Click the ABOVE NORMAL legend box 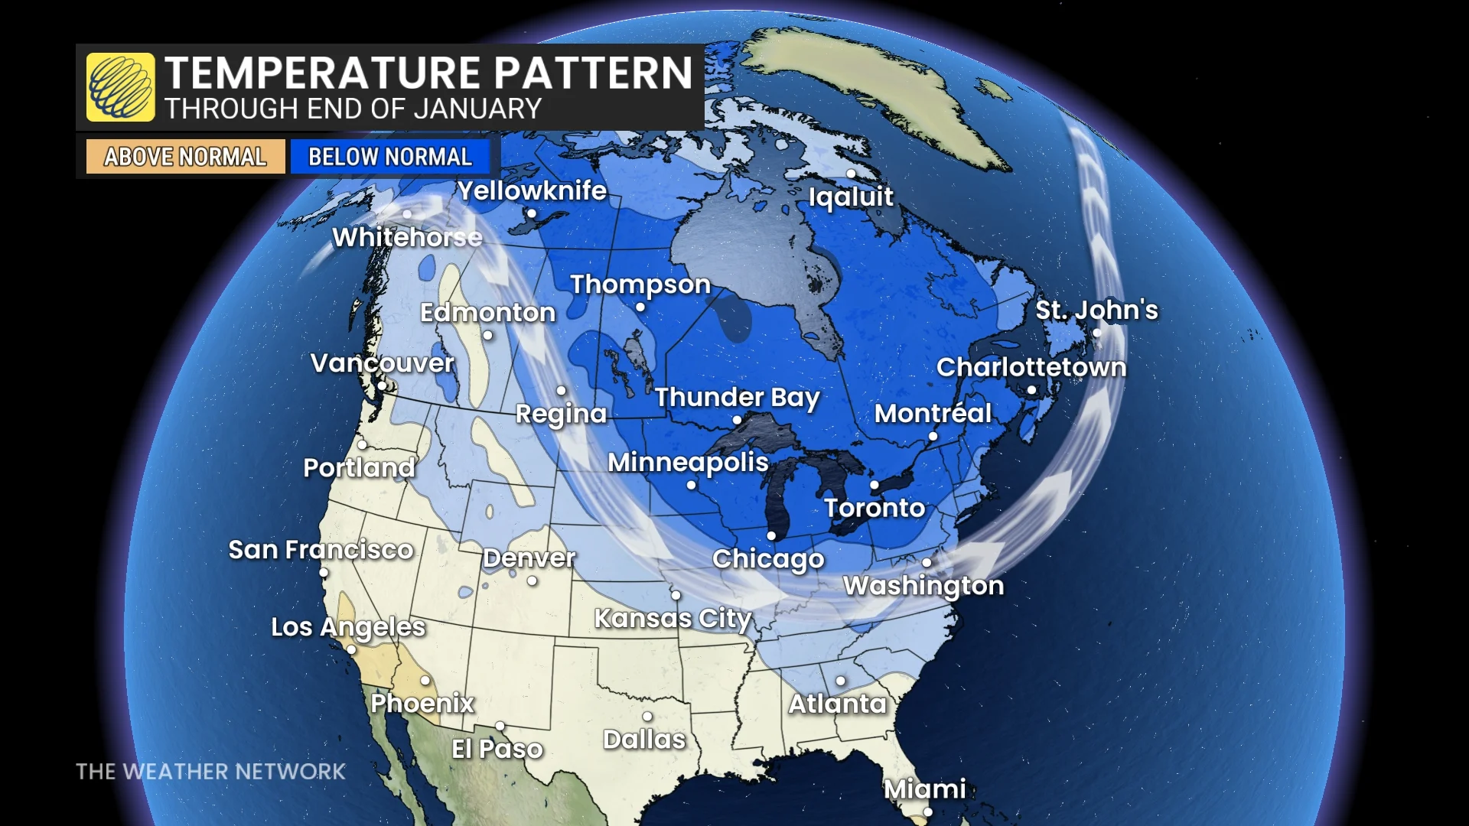[x=185, y=157]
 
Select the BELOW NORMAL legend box [x=389, y=157]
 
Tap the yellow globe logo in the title [x=120, y=87]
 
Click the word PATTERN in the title [x=593, y=73]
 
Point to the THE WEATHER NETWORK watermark [x=210, y=771]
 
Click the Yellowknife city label [x=532, y=190]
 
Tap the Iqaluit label [x=851, y=197]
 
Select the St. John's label [x=1096, y=310]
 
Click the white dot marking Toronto [x=875, y=485]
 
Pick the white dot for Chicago [x=771, y=536]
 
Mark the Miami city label [x=925, y=789]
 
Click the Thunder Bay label [x=737, y=397]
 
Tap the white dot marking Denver [x=532, y=581]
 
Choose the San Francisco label [x=321, y=549]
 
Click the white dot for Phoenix [x=425, y=680]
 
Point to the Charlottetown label [x=1031, y=367]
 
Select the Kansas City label [x=673, y=618]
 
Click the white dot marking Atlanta [x=841, y=680]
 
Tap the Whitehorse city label [x=407, y=237]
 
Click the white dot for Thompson [x=640, y=307]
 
